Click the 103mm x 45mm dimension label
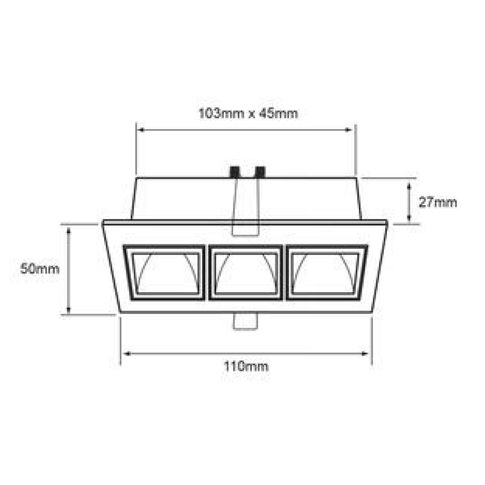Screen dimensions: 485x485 tap(248, 113)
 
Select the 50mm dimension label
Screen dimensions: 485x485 tap(40, 269)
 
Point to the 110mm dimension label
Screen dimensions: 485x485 tap(246, 367)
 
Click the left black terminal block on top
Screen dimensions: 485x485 tap(235, 172)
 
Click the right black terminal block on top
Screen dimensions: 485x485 tap(260, 172)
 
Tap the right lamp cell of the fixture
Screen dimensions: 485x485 tap(327, 273)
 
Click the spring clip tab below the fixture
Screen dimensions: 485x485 tap(246, 322)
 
